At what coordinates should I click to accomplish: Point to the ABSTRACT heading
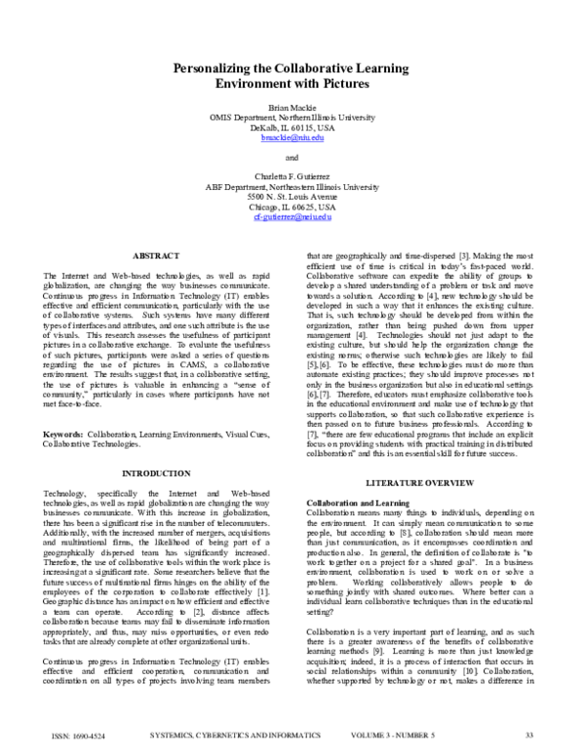(x=156, y=255)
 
